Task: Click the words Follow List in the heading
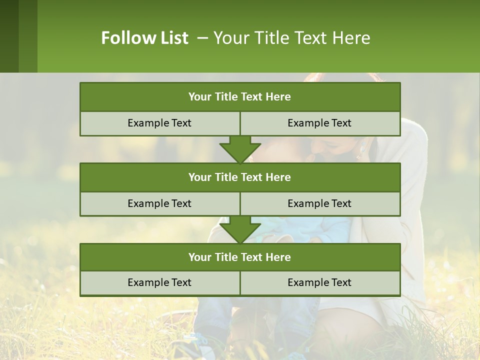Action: [144, 38]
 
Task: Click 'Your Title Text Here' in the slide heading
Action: [292, 38]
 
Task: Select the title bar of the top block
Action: [240, 97]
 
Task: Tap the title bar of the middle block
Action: [240, 177]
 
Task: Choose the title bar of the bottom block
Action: [240, 257]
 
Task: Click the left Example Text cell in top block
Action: [159, 123]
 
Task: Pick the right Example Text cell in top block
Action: [319, 123]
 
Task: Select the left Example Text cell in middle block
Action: [159, 203]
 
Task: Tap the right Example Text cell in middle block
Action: [319, 203]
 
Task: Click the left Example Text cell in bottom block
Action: [159, 282]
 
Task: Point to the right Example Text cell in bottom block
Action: [319, 282]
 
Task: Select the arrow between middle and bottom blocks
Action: [240, 229]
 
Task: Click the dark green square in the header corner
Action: [9, 36]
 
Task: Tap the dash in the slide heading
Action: [203, 38]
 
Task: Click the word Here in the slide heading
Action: [352, 38]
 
